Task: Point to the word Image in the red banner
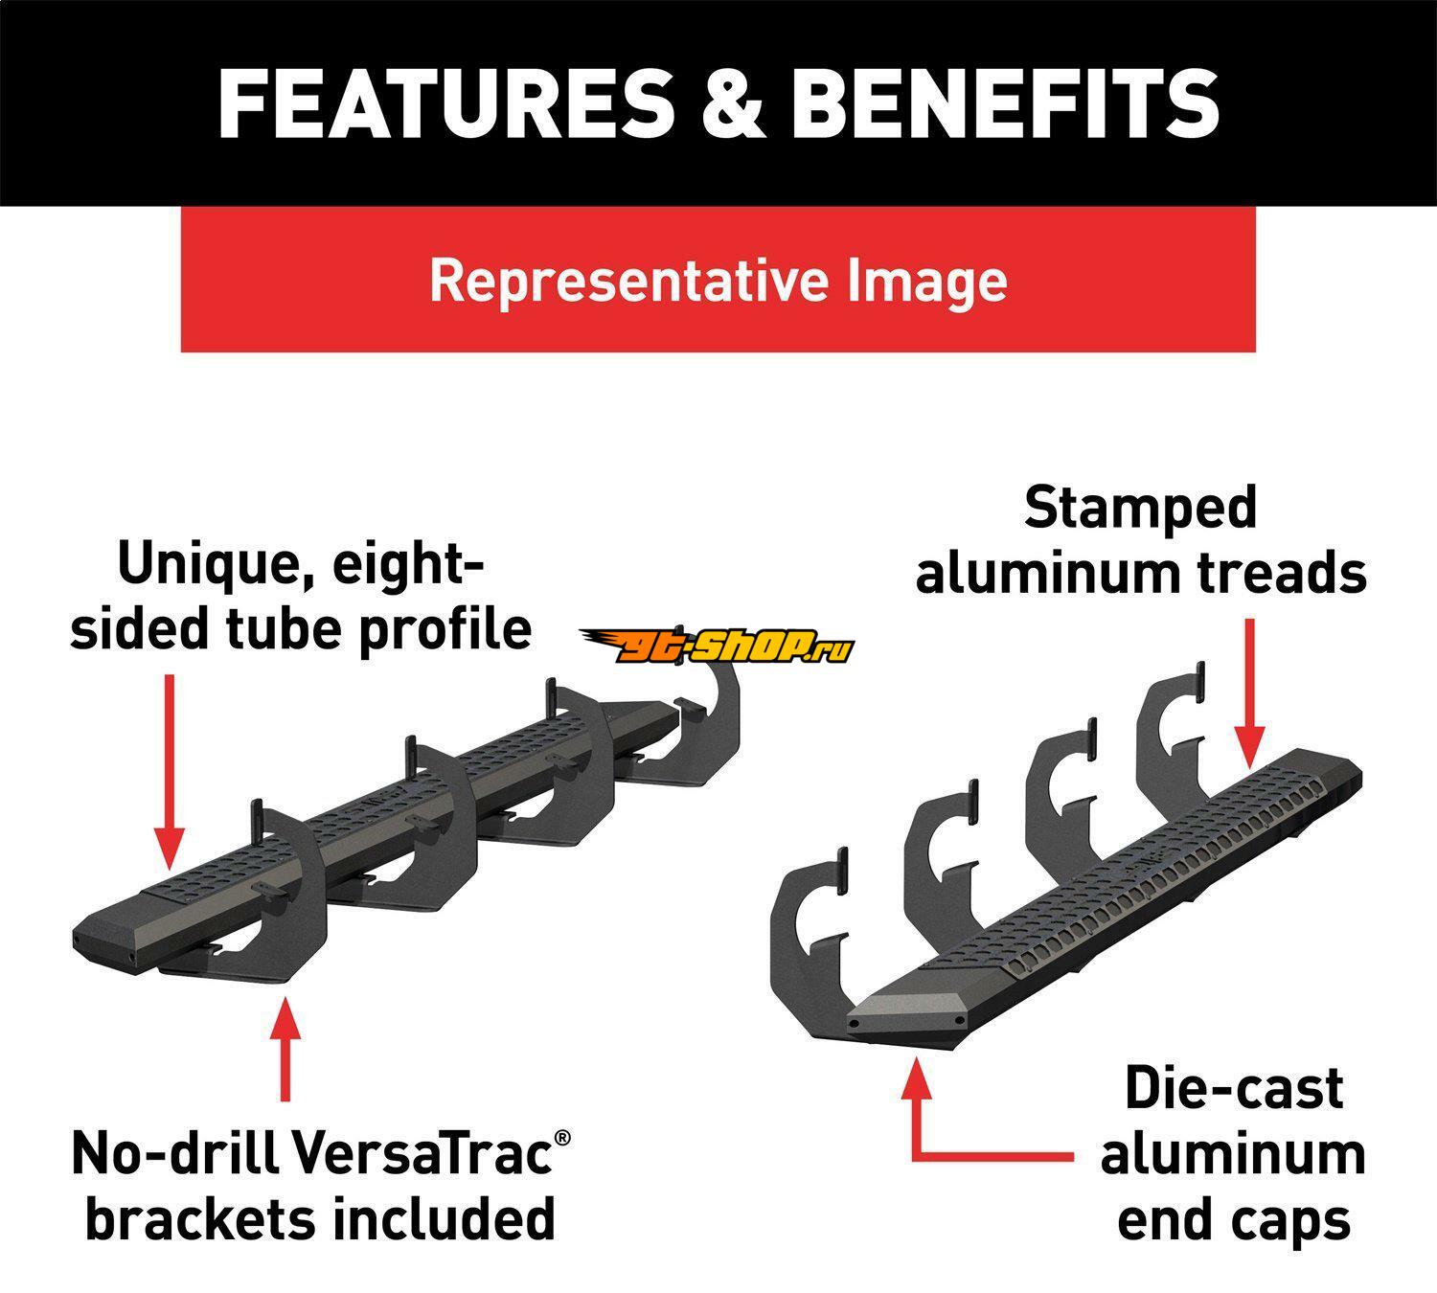926,280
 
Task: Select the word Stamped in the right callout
1140,507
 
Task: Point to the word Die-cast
1234,1089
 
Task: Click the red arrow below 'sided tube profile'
169,766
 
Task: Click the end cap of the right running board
910,1015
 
